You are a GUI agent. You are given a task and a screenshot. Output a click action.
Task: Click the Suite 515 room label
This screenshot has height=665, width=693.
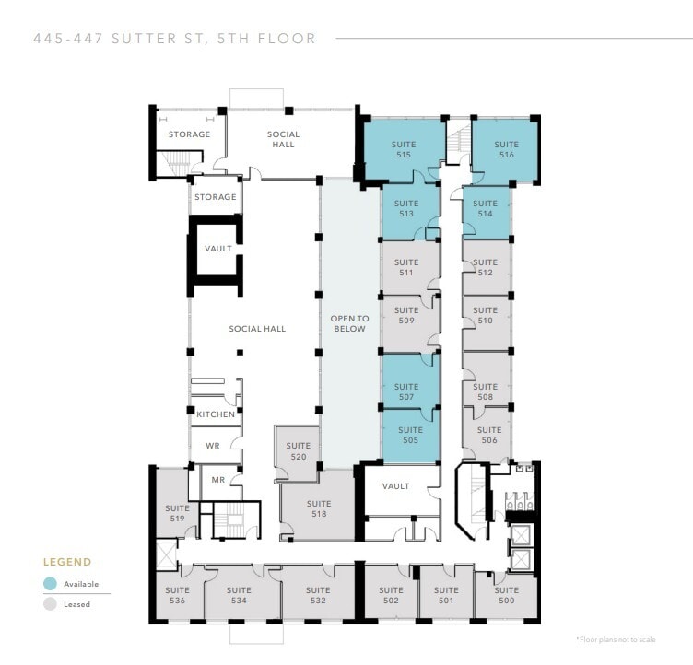pyautogui.click(x=404, y=150)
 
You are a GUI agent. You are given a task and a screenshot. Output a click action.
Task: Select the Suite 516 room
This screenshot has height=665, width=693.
pyautogui.click(x=505, y=150)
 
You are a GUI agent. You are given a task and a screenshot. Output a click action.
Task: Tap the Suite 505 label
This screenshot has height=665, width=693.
pyautogui.click(x=410, y=436)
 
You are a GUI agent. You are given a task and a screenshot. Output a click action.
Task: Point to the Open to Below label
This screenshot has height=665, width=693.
pyautogui.click(x=350, y=323)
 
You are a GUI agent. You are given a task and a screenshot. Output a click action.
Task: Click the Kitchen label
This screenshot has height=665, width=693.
pyautogui.click(x=215, y=414)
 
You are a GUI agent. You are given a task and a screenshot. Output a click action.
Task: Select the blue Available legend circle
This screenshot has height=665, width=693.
pyautogui.click(x=50, y=584)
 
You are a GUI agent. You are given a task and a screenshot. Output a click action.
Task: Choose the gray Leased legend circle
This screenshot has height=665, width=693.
pyautogui.click(x=50, y=605)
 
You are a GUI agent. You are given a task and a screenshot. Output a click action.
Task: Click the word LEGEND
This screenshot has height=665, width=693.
pyautogui.click(x=67, y=562)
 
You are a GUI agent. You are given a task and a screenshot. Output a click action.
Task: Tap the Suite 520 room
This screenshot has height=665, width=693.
pyautogui.click(x=298, y=450)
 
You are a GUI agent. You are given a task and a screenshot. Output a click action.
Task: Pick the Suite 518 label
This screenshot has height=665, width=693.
pyautogui.click(x=319, y=509)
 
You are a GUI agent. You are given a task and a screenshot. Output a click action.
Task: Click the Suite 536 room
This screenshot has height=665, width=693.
pyautogui.click(x=176, y=596)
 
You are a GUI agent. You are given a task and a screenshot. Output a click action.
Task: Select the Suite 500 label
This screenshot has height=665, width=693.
pyautogui.click(x=506, y=596)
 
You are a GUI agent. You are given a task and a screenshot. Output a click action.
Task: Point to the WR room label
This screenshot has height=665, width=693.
pyautogui.click(x=212, y=446)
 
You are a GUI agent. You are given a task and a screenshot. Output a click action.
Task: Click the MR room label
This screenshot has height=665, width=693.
pyautogui.click(x=218, y=480)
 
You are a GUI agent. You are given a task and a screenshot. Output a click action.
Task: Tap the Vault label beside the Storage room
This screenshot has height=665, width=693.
pyautogui.click(x=217, y=249)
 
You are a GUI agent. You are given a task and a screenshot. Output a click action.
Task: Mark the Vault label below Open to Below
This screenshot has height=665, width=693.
pyautogui.click(x=395, y=486)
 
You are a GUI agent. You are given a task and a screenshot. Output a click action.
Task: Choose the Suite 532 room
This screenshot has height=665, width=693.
pyautogui.click(x=318, y=596)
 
